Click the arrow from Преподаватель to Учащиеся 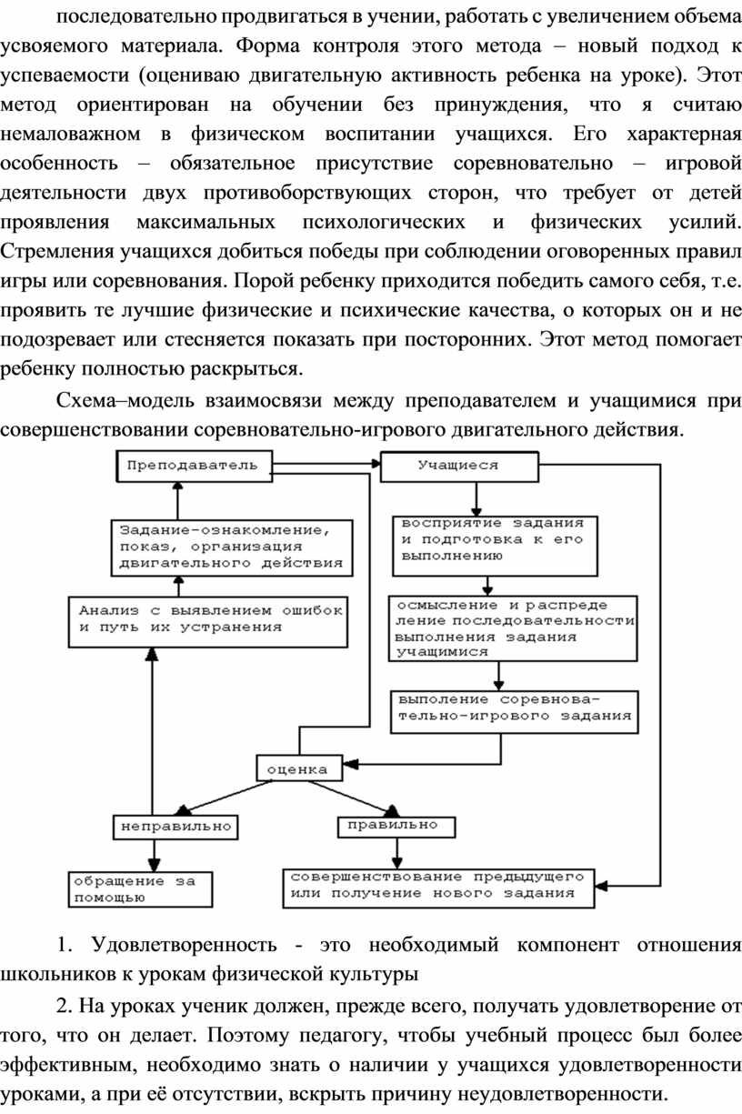[x=326, y=464]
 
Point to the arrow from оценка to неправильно [x=225, y=796]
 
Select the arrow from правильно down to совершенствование [x=396, y=853]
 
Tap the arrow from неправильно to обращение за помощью [x=155, y=856]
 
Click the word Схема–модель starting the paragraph [x=125, y=400]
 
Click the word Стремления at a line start [x=57, y=252]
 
